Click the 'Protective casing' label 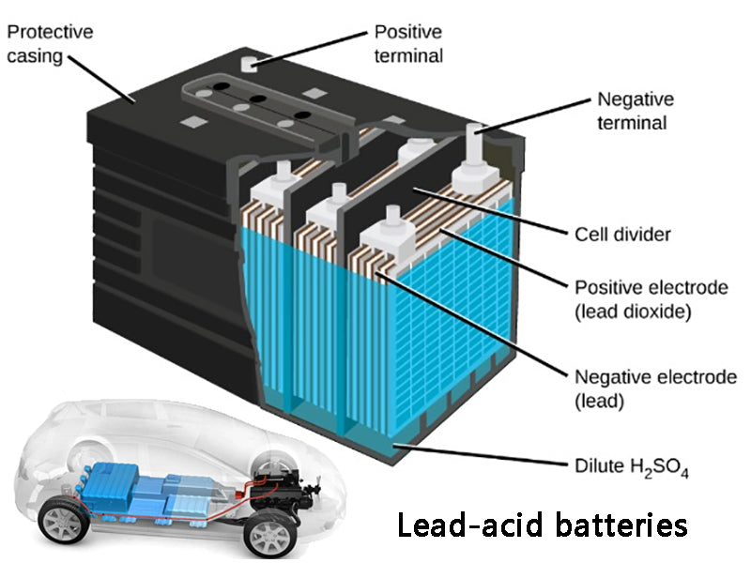click(51, 43)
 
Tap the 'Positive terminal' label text click(408, 43)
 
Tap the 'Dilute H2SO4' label click(631, 466)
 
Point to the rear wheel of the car click(58, 519)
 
